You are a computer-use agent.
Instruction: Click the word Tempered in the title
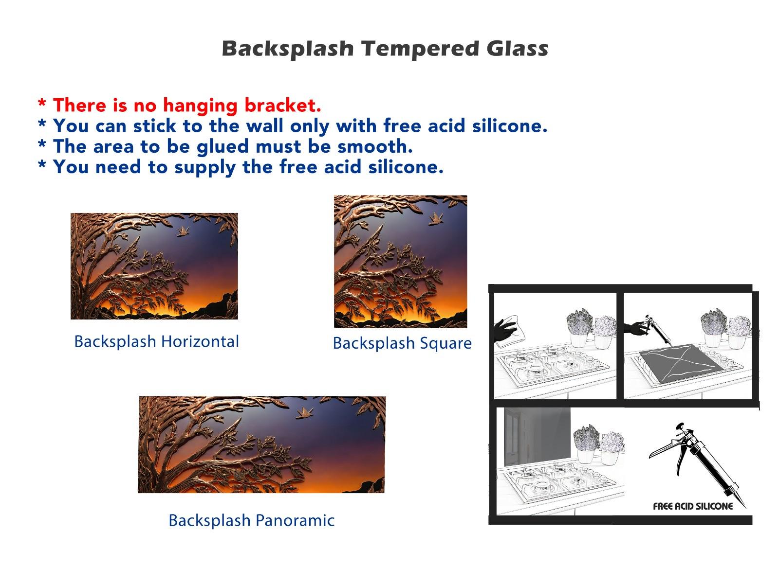click(x=420, y=49)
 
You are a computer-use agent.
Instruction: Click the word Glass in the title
click(x=518, y=48)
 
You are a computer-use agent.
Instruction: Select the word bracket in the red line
click(x=283, y=105)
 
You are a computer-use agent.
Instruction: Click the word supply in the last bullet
click(x=205, y=167)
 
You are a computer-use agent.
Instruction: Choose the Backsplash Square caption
click(x=402, y=344)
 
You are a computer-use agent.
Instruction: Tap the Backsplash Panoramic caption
click(x=251, y=521)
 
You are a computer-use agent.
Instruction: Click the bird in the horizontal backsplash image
click(x=183, y=231)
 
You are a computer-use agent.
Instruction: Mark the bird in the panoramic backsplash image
click(x=305, y=413)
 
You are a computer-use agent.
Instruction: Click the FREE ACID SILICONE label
click(x=693, y=507)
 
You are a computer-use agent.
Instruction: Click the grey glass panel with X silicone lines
click(x=681, y=363)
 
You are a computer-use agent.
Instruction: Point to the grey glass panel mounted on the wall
click(x=537, y=437)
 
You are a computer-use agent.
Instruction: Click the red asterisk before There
click(x=42, y=103)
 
